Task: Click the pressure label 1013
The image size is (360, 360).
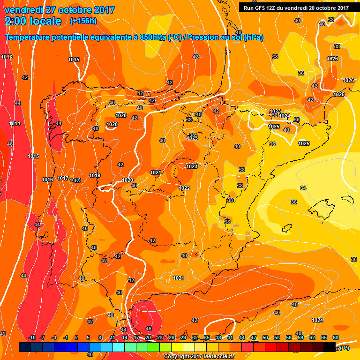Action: (x=7, y=57)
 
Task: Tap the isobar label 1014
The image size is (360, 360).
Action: (x=15, y=123)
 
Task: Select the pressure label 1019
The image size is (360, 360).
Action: (x=95, y=175)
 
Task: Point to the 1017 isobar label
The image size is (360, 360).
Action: (x=62, y=178)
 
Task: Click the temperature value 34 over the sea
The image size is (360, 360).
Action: (x=303, y=188)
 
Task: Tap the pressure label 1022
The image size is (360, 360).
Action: (x=184, y=188)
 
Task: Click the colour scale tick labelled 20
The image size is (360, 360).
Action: (x=148, y=337)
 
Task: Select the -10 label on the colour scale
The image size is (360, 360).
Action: (x=32, y=337)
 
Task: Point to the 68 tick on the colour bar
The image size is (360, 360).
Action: (x=336, y=337)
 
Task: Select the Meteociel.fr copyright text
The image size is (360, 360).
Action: (x=199, y=356)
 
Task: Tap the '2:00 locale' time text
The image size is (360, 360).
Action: (x=33, y=21)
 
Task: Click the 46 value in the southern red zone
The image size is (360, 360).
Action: (x=149, y=329)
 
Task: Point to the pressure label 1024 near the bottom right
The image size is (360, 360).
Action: (x=317, y=320)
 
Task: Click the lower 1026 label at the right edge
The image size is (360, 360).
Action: (x=348, y=80)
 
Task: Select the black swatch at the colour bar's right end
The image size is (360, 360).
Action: (x=330, y=347)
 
